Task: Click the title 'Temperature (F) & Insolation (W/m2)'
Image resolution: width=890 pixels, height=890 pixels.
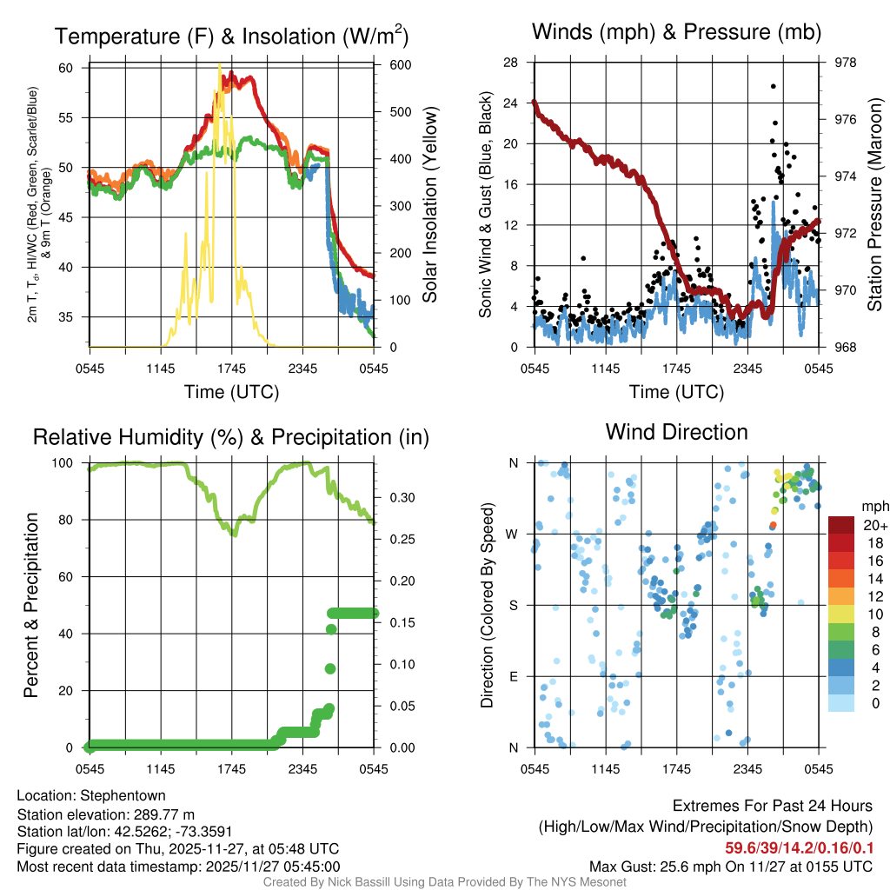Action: point(231,37)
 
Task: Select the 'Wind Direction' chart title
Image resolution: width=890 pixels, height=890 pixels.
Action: point(676,432)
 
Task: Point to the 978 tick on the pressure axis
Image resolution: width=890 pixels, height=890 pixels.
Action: point(846,63)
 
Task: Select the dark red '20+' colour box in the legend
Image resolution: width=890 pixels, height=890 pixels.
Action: point(842,525)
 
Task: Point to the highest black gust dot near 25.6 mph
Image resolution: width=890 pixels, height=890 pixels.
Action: point(773,86)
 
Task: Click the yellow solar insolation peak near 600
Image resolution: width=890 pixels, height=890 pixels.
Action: point(220,66)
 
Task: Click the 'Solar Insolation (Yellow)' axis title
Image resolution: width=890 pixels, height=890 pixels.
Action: point(429,205)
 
